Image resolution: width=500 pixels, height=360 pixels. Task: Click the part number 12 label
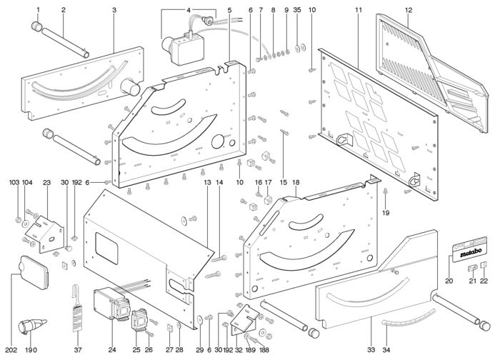pos(409,10)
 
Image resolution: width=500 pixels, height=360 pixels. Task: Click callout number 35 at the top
pos(297,10)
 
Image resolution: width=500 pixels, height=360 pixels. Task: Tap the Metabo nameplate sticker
pos(469,253)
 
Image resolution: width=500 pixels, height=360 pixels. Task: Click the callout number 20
pos(449,281)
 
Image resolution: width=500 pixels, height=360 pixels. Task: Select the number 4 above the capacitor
pos(189,10)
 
